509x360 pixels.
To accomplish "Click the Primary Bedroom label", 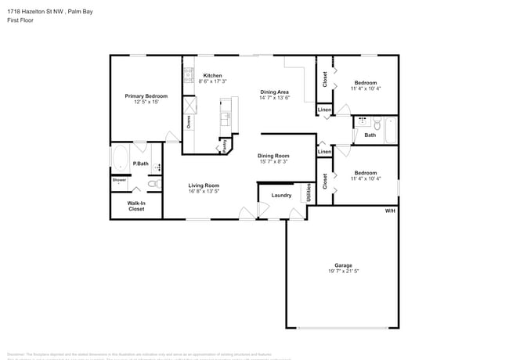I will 146,95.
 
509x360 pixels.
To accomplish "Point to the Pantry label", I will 224,145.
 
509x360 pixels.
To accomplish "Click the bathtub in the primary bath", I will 121,159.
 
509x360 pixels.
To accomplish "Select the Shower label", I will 119,180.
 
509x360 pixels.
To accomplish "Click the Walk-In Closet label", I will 136,206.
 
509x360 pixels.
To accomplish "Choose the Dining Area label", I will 275,92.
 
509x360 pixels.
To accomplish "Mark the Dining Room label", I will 273,156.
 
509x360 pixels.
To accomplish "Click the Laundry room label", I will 281,195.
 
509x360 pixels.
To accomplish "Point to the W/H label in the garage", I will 389,211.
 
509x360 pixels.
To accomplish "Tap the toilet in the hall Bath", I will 376,123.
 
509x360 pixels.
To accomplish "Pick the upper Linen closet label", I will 324,110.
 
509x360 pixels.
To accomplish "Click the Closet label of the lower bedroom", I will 325,181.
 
